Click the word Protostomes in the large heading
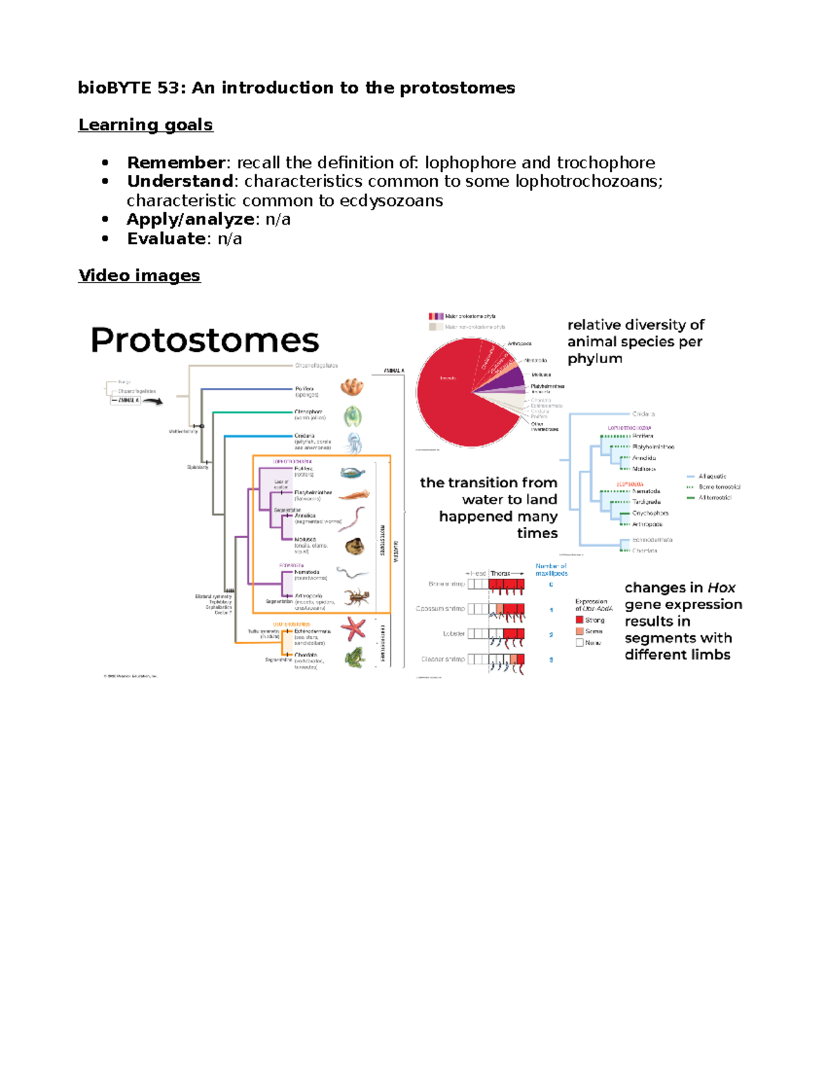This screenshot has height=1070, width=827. pos(205,340)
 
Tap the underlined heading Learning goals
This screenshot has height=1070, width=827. pos(145,125)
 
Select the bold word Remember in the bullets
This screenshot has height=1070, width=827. pos(176,163)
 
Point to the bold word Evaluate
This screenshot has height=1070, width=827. pos(166,238)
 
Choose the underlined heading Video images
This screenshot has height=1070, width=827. pos(139,276)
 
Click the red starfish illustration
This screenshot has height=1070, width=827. pos(354,628)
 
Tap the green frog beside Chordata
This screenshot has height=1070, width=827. pos(355,657)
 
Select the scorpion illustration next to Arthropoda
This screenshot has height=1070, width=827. pos(357,597)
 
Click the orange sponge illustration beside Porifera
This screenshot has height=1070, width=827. pos(351,387)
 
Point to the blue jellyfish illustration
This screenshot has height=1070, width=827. pos(353,442)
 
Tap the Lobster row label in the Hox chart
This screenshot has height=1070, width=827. pos(453,634)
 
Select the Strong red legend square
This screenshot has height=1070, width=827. pos(580,619)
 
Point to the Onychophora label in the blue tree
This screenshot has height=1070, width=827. pos(650,513)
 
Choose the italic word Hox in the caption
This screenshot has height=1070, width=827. pos(721,588)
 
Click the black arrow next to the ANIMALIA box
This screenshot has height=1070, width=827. pos(153,401)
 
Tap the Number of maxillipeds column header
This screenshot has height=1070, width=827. pos(551,570)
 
